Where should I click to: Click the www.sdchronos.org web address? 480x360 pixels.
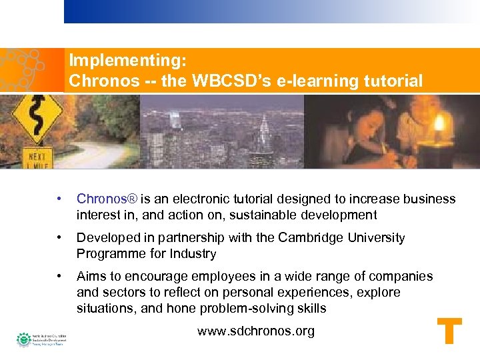tap(256, 331)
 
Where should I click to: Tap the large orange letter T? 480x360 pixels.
tap(449, 332)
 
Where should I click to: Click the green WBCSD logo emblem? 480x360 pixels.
tap(24, 339)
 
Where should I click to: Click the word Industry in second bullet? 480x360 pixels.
tap(195, 254)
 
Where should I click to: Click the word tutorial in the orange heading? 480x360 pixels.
tap(393, 81)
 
